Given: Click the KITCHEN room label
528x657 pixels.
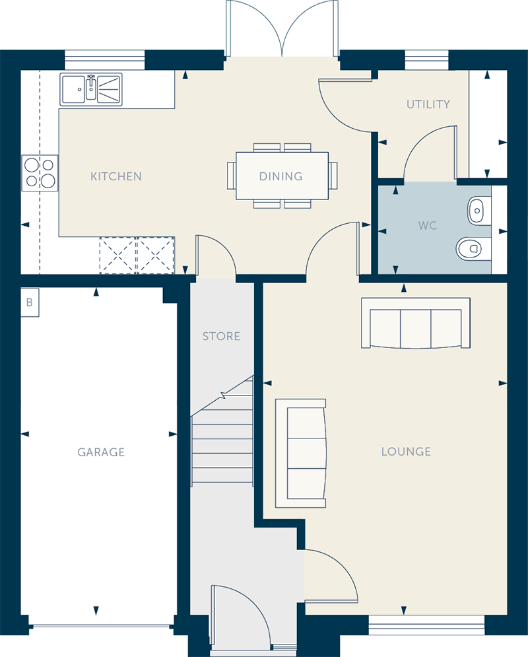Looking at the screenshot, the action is coord(116,176).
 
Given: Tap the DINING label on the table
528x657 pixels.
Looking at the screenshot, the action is coord(281,176).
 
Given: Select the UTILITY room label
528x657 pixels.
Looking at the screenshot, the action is coord(428,104).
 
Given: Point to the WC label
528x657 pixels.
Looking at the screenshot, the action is coord(428,225).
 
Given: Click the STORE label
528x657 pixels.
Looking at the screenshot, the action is coord(221,336).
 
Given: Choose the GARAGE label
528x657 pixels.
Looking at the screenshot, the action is coord(101,452).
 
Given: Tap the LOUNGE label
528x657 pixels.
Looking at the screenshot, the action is coord(406,451).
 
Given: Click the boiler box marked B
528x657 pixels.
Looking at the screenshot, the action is coord(30,302).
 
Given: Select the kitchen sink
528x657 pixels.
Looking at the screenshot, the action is coord(91,89).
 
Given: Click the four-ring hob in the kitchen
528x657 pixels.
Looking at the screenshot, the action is coord(40,173).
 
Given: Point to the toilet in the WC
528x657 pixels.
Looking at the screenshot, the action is coord(473,249).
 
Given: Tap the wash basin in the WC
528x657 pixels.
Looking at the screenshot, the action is coord(478,211).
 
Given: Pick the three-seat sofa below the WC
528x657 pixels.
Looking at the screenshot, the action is coord(415,323).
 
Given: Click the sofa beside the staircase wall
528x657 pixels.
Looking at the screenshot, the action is coord(300,453).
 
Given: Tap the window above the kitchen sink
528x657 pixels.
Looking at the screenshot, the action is coord(105,60).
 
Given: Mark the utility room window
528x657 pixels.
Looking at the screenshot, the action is coord(426,60).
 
